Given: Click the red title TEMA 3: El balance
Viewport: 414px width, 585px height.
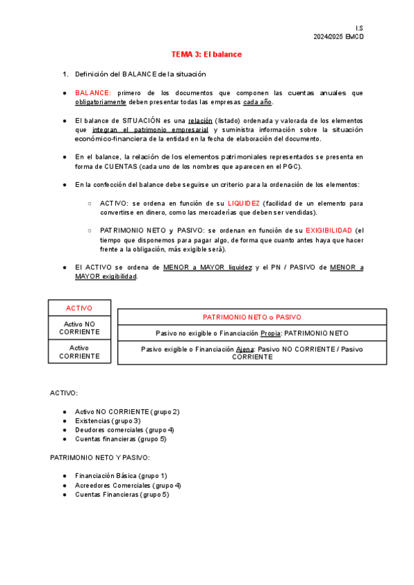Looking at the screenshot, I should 207,54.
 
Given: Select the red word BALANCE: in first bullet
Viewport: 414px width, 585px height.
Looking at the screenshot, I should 92,92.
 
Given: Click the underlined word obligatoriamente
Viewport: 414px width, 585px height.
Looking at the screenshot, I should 101,102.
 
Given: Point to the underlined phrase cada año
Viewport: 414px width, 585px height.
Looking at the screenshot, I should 258,102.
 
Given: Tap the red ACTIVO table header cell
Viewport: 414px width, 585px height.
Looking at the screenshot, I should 79,308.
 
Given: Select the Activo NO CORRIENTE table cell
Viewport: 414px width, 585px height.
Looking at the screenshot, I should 79,328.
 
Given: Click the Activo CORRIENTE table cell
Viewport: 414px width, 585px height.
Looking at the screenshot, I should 79,352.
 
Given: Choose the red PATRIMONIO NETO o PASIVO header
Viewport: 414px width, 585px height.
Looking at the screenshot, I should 252,317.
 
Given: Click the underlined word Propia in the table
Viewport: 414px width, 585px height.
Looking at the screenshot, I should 270,333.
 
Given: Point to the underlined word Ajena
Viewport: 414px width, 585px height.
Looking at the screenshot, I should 244,349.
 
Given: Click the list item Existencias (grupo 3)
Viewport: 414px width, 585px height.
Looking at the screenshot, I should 108,420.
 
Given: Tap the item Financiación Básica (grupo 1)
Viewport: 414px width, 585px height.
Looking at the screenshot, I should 121,475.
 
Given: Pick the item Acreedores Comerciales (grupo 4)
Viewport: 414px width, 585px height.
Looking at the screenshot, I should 128,485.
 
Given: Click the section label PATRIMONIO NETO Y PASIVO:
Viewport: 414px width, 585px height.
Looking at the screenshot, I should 99,457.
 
